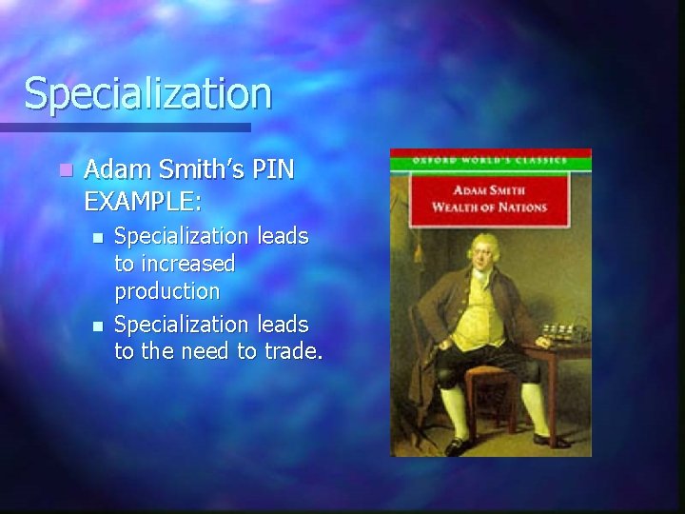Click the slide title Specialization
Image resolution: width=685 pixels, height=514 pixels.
[148, 93]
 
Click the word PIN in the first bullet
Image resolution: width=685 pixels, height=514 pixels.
[273, 170]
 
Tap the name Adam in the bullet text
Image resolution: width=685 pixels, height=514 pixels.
[115, 170]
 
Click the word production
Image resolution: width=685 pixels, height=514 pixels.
[166, 289]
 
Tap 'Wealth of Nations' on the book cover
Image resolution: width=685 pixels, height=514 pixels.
[490, 207]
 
